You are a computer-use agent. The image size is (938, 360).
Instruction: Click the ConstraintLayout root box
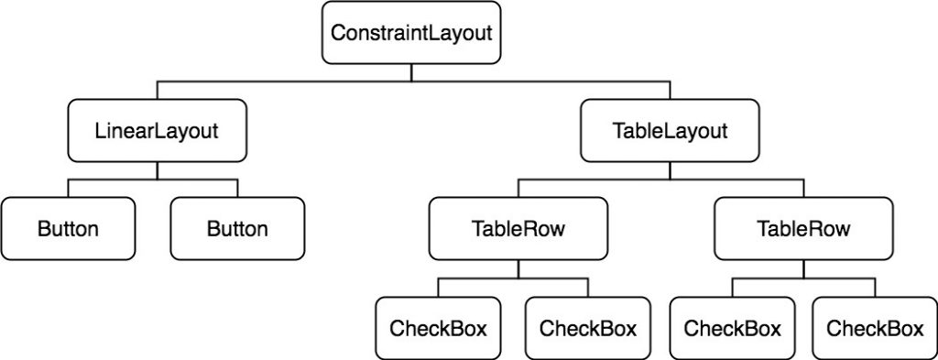click(x=411, y=34)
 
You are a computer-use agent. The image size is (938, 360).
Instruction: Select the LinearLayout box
click(x=157, y=130)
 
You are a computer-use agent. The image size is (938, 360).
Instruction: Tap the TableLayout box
click(x=669, y=130)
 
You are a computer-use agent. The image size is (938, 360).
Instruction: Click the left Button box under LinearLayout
click(x=68, y=228)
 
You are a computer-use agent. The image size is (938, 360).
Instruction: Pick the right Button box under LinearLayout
click(x=237, y=228)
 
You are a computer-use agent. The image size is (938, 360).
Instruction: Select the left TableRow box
click(x=518, y=228)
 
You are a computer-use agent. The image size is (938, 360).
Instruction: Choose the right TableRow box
click(x=803, y=228)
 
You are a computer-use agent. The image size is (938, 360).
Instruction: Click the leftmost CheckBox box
click(x=438, y=327)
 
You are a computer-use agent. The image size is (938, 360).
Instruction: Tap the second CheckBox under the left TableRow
click(x=587, y=327)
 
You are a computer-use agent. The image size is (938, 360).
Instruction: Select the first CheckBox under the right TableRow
click(x=732, y=327)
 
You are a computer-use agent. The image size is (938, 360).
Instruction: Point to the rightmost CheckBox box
click(x=875, y=327)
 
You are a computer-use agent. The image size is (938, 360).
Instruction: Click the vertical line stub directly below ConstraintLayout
click(x=411, y=73)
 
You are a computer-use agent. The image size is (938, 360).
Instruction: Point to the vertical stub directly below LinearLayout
click(x=157, y=170)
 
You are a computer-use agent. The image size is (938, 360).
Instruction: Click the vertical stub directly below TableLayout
click(x=669, y=170)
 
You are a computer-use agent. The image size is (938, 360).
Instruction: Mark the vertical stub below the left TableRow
click(x=518, y=269)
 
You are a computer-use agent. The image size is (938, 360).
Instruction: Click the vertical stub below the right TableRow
click(x=803, y=269)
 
